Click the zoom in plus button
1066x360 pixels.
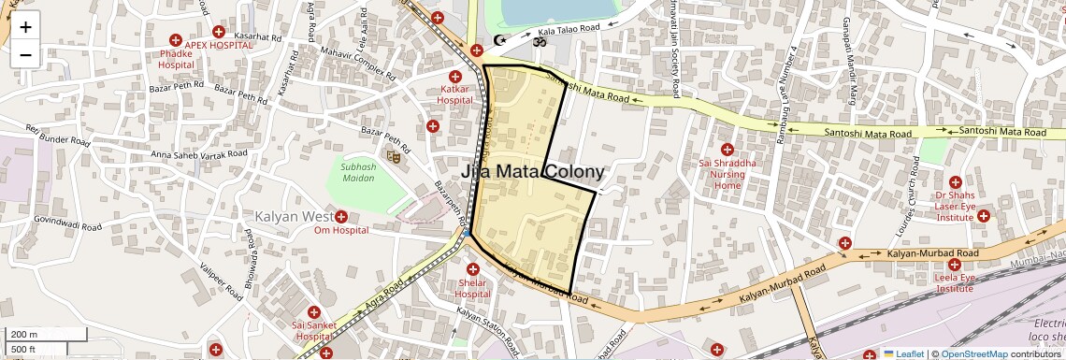click(25, 27)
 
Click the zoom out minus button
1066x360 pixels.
click(25, 54)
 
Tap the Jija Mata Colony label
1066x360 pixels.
click(532, 172)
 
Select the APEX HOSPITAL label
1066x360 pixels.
click(218, 44)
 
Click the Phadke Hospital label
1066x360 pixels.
click(176, 59)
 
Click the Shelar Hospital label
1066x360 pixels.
click(472, 288)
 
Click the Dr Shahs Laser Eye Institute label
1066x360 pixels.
click(955, 205)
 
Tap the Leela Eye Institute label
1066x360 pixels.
click(954, 282)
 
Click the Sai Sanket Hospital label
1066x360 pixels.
click(313, 330)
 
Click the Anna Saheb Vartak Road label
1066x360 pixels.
click(198, 153)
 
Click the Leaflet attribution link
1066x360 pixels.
click(903, 353)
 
